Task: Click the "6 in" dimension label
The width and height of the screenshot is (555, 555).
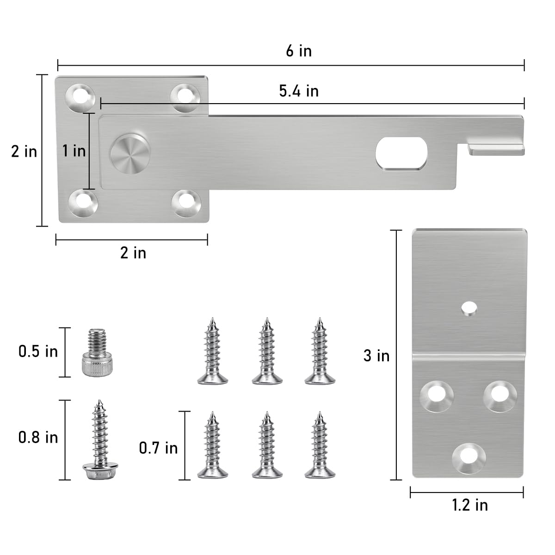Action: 299,51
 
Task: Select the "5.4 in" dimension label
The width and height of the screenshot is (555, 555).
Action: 299,91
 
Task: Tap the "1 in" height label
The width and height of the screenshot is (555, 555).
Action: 74,151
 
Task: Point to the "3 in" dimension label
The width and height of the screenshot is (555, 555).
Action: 376,356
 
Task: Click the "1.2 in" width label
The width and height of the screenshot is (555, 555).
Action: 469,505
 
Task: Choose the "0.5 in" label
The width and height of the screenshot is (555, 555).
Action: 38,351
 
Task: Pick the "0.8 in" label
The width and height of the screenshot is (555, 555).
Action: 38,437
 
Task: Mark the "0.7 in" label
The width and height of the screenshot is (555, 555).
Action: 158,448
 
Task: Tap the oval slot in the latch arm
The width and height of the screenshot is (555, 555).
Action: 401,153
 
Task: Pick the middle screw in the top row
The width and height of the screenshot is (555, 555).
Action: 266,351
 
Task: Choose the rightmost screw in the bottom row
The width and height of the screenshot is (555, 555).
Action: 319,445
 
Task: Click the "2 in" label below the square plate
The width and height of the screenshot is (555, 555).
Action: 133,253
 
